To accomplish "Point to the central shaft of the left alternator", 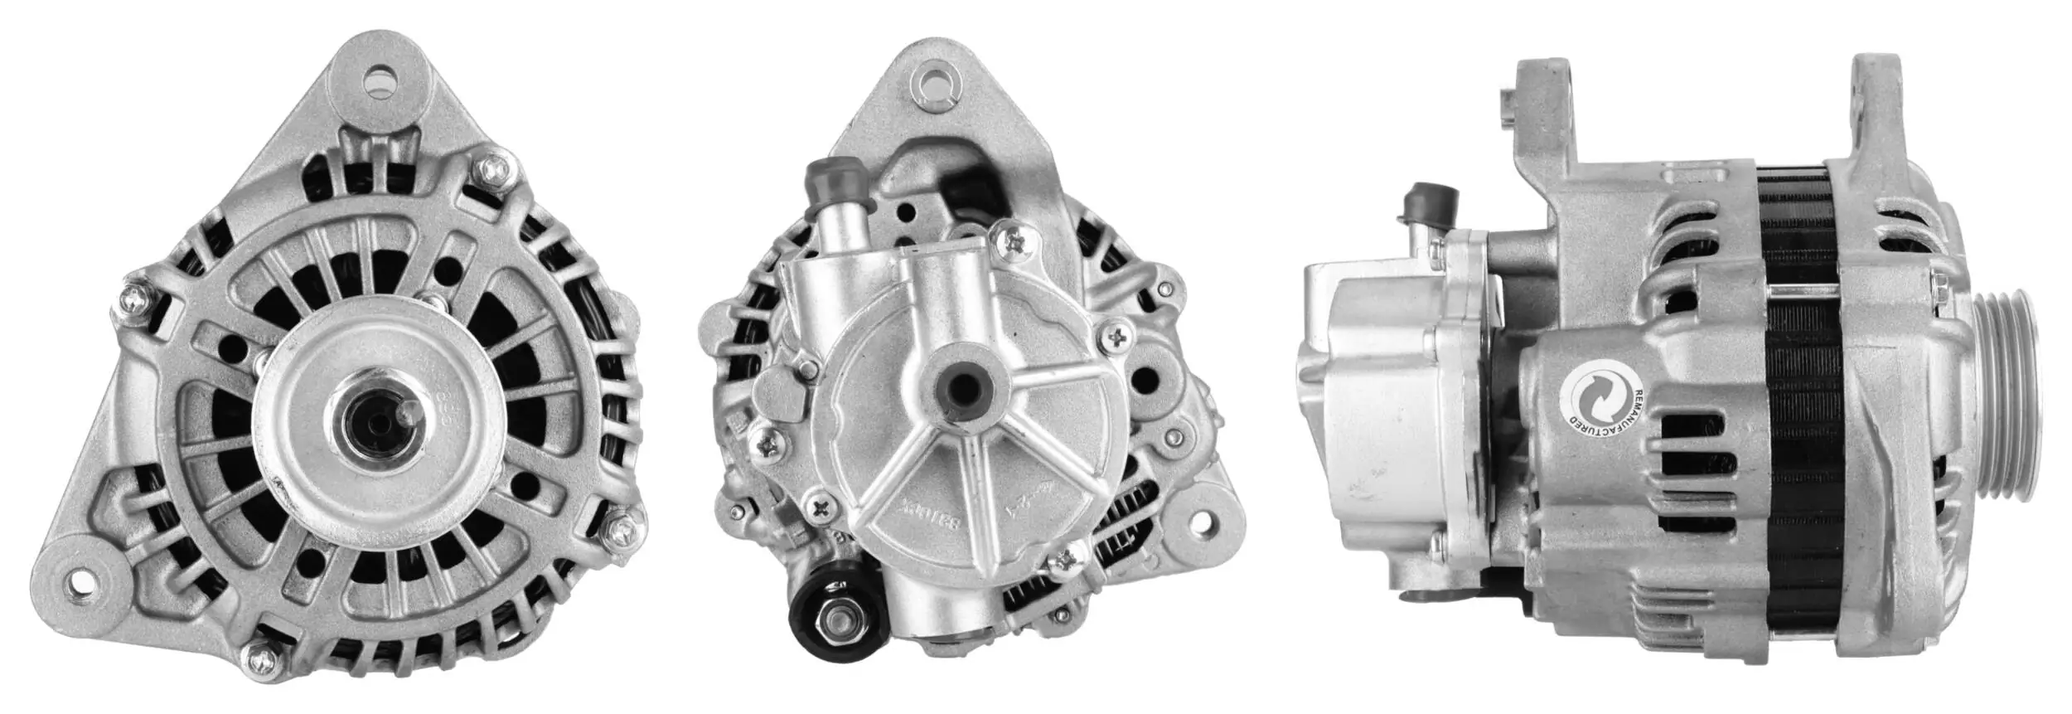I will pos(375,421).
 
